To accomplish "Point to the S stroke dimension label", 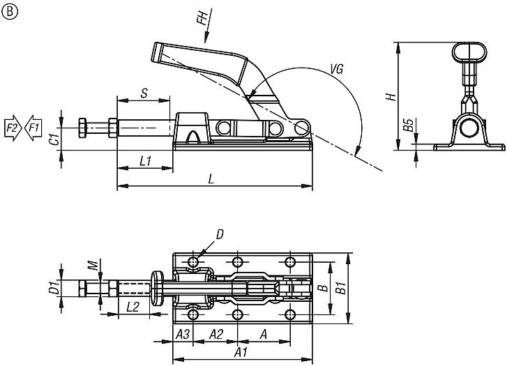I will point(144,93).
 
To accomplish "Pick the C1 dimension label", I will point(53,139).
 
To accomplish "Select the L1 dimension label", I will point(145,161).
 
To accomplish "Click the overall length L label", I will point(212,179).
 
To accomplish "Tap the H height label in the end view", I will point(392,96).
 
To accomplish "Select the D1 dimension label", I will point(52,287).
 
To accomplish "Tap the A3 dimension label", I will point(183,334).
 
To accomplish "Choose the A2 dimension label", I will point(216,334).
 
